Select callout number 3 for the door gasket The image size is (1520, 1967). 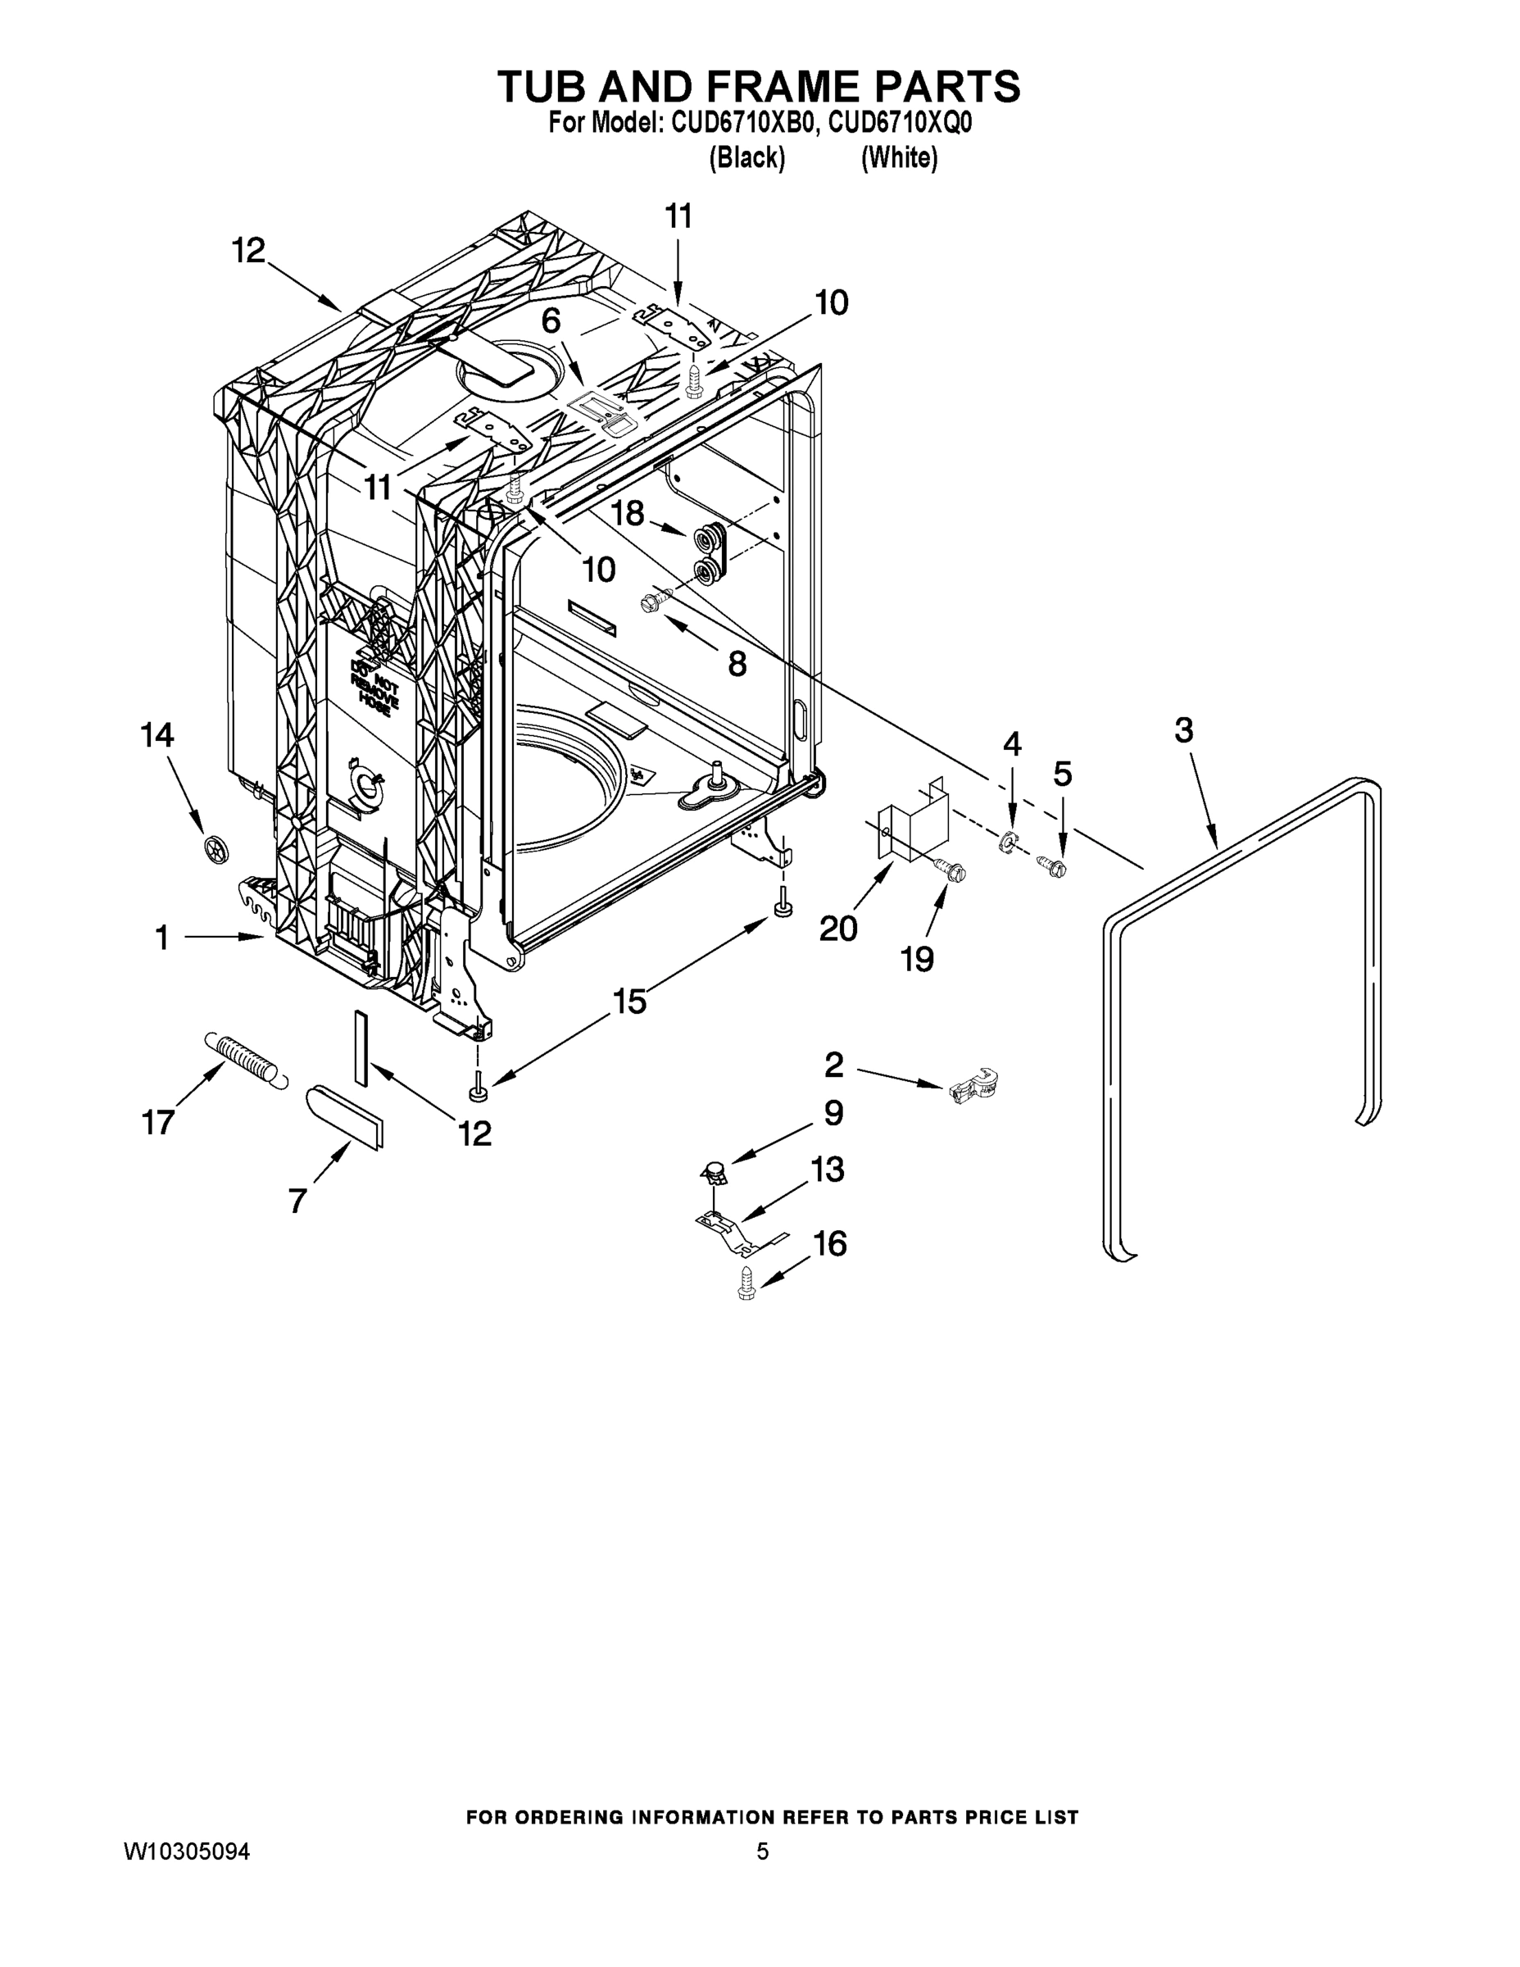(x=1182, y=729)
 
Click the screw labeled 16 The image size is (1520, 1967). (x=746, y=1283)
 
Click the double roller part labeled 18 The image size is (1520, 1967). (x=708, y=553)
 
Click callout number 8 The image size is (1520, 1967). (x=737, y=665)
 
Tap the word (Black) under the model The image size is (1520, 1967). (x=746, y=158)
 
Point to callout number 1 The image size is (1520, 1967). (x=162, y=938)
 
